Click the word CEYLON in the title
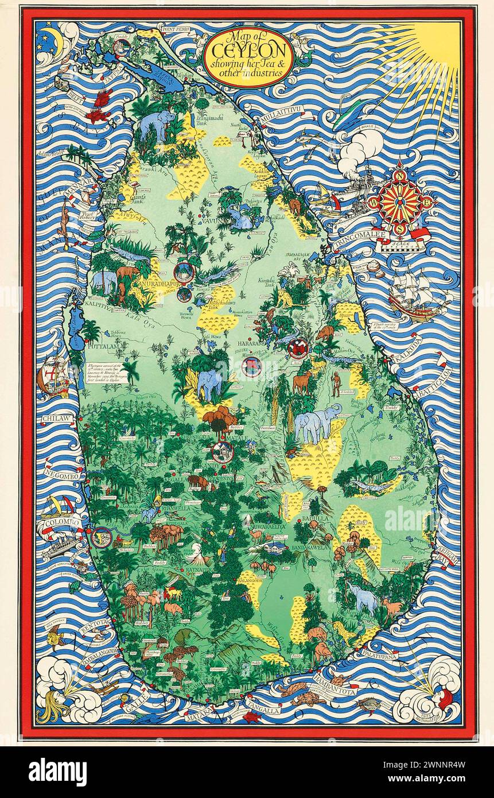tap(248, 52)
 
